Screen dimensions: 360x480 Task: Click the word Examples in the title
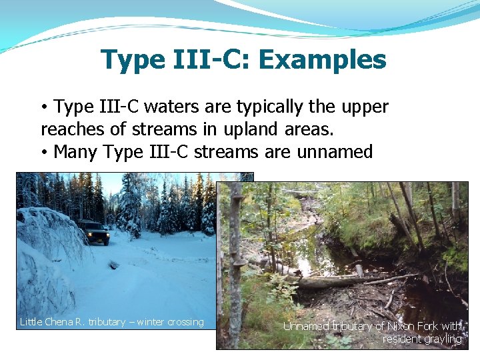pos(322,60)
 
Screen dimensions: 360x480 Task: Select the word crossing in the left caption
pos(187,322)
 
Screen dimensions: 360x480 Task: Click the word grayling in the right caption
pos(443,339)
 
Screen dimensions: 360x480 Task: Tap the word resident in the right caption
pos(402,339)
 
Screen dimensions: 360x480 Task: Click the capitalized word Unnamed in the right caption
pos(306,327)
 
